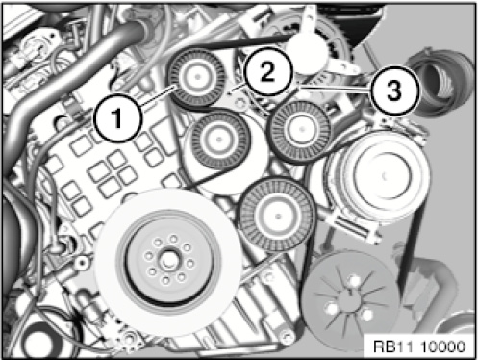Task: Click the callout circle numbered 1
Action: pyautogui.click(x=117, y=117)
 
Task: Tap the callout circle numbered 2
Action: pyautogui.click(x=267, y=71)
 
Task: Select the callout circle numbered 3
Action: pyautogui.click(x=394, y=90)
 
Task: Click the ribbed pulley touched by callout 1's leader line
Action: pyautogui.click(x=197, y=78)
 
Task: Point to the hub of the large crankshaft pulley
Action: pyautogui.click(x=167, y=261)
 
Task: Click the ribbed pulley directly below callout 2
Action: pyautogui.click(x=301, y=131)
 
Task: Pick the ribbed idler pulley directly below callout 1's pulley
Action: pyautogui.click(x=219, y=140)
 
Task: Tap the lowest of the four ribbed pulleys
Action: pyautogui.click(x=278, y=215)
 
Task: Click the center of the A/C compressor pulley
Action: pyautogui.click(x=384, y=176)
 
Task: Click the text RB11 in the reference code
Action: pyautogui.click(x=394, y=347)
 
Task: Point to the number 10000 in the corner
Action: pyautogui.click(x=442, y=347)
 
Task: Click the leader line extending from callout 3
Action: pyautogui.click(x=334, y=89)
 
